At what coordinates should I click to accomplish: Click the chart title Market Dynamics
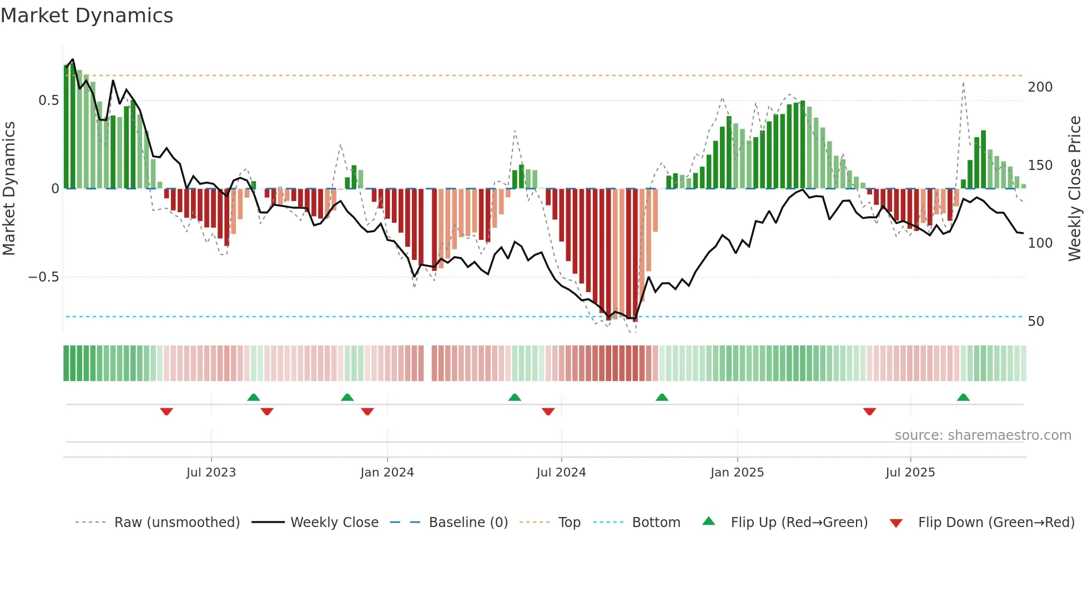(x=87, y=16)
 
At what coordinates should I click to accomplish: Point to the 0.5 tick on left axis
(x=48, y=101)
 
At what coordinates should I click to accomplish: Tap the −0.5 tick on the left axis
(x=43, y=277)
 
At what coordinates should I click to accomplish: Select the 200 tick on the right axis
(x=1040, y=87)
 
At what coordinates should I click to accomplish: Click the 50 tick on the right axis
(x=1036, y=322)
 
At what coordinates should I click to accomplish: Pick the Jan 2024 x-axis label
(x=387, y=473)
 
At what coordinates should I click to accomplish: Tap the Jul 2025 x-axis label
(x=910, y=473)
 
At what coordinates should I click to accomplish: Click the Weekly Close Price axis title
(x=1075, y=189)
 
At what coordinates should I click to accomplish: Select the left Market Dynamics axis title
(x=9, y=189)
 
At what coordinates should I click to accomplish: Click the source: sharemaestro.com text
(x=983, y=435)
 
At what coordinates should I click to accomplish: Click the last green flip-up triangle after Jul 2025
(x=963, y=397)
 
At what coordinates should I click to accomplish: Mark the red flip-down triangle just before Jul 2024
(x=548, y=412)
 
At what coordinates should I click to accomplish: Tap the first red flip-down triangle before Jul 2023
(x=167, y=412)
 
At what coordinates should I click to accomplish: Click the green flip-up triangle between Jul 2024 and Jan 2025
(x=662, y=397)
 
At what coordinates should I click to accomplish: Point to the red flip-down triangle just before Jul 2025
(x=869, y=412)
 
